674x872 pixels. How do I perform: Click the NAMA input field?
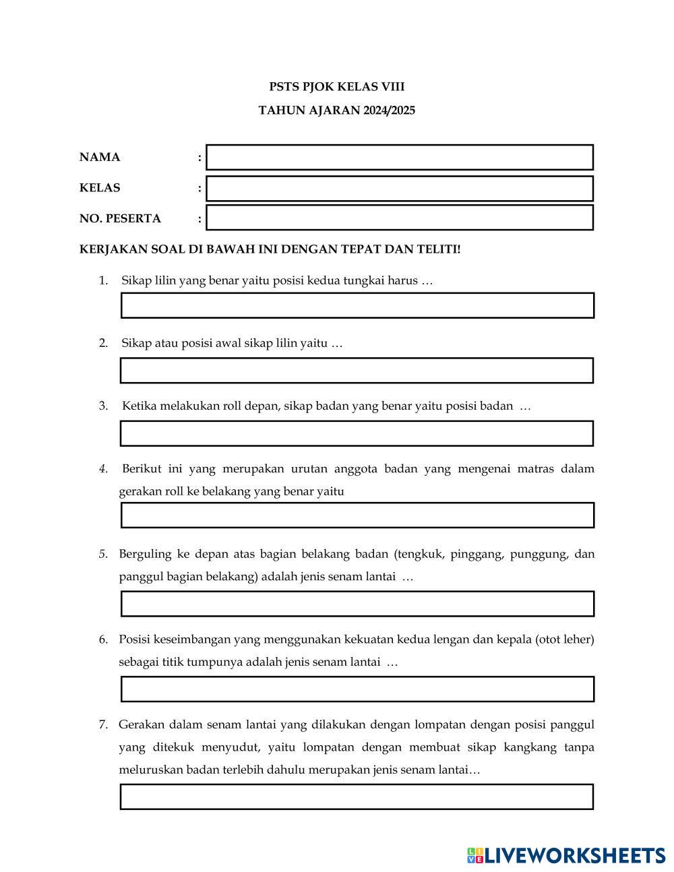400,157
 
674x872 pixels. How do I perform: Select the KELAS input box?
400,189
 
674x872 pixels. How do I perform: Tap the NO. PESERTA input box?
400,218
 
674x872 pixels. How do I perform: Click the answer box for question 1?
357,305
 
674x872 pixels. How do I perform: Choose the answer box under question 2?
357,371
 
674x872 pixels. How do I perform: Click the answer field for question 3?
357,433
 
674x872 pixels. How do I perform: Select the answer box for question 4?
357,515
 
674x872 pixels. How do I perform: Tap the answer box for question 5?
357,604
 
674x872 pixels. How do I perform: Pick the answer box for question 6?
357,689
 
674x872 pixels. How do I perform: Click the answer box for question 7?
357,797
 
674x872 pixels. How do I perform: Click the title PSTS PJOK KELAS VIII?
337,87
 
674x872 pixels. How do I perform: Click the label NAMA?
100,158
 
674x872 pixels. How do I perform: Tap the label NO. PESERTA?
120,219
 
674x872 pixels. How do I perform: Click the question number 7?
103,725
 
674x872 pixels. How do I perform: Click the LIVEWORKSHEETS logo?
566,856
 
